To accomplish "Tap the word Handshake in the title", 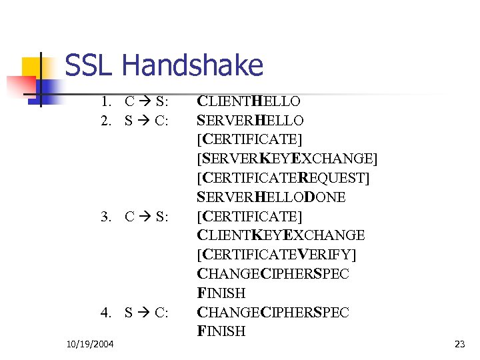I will tap(193, 66).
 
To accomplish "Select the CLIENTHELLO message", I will tap(249, 101).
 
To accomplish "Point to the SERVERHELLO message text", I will tap(251, 121).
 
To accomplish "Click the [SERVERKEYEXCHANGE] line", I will tap(287, 159).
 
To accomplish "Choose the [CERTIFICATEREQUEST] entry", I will tap(283, 178).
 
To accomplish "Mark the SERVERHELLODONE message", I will tap(271, 197).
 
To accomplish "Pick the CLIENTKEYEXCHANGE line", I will tap(281, 235).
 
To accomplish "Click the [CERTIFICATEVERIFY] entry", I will tap(277, 255).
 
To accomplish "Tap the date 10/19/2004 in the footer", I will tap(90, 344).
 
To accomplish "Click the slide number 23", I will tap(459, 344).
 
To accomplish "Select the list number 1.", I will tap(105, 102).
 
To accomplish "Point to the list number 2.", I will tap(105, 121).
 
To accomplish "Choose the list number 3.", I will tap(105, 217).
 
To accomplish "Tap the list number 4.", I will tap(105, 312).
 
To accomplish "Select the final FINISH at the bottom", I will tap(221, 331).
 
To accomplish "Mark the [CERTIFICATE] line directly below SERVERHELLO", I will tap(249, 140).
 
